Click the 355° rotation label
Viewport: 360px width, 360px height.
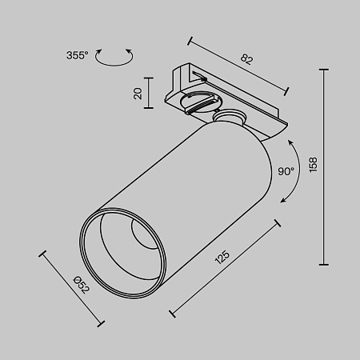[x=78, y=55]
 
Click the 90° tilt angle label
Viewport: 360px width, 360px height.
[x=286, y=170]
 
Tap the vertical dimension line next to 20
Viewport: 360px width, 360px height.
[x=150, y=94]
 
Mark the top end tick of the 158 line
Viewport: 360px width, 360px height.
[x=323, y=70]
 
